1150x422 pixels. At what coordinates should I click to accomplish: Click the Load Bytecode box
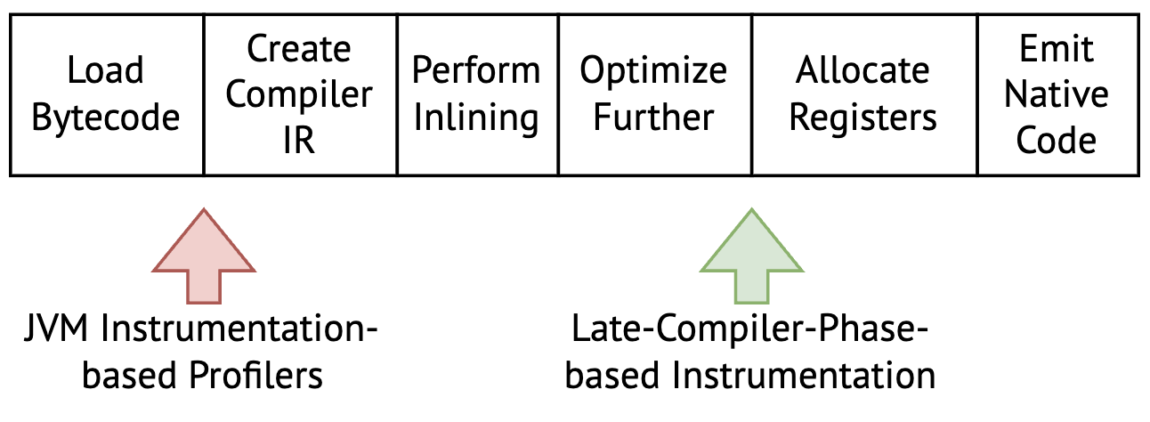coord(106,93)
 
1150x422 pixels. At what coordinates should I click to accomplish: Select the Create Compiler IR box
coord(299,93)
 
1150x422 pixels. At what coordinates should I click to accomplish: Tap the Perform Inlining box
coord(476,93)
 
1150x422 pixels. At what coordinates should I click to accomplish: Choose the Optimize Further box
coord(653,93)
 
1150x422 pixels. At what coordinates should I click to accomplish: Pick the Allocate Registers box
coord(863,93)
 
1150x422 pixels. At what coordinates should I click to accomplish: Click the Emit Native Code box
coord(1057,93)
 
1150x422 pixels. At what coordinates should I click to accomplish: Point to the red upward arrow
coord(204,258)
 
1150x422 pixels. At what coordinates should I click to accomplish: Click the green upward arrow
coord(752,258)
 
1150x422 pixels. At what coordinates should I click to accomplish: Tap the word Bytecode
coord(106,118)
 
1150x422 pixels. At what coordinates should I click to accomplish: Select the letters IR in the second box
coord(299,141)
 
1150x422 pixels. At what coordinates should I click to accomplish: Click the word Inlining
coord(476,118)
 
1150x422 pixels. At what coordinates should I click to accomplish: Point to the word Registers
coord(863,118)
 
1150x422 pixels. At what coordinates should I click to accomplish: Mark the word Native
coord(1057,94)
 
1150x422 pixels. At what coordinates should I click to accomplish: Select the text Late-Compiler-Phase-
coord(749,335)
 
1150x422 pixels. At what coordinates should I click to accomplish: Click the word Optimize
coord(653,70)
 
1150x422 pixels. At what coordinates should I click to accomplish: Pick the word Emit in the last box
coord(1057,48)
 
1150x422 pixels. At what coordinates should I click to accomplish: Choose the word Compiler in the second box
coord(299,94)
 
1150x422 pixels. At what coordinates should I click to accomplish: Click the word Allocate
coord(863,70)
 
